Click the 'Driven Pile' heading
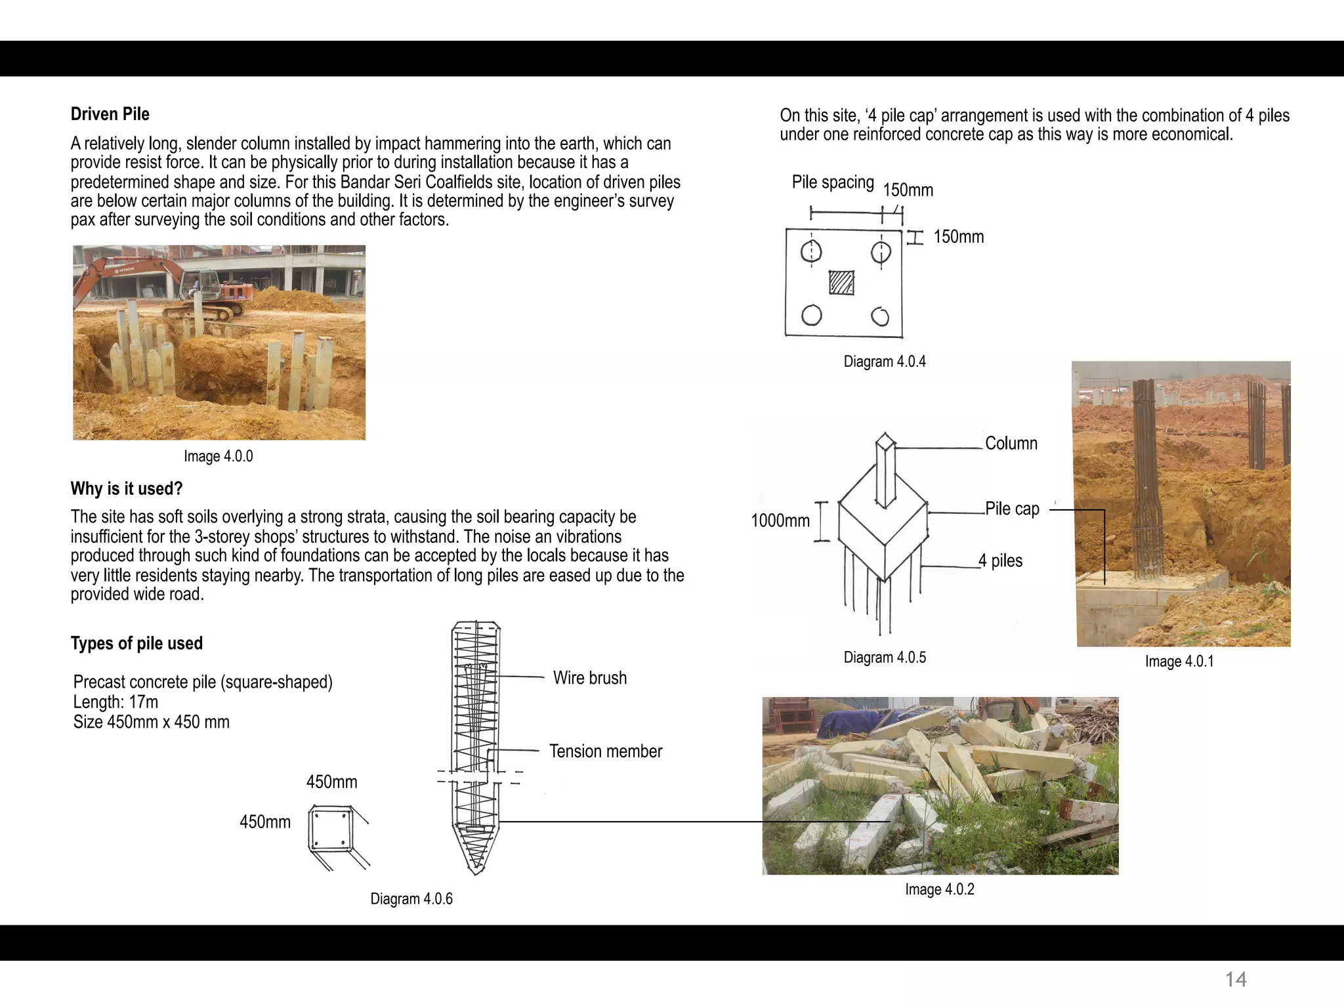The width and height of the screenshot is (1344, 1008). coord(110,114)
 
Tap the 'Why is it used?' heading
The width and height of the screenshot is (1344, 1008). coord(126,488)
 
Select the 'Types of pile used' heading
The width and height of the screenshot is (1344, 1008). coord(136,643)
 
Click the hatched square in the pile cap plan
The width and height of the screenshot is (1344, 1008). coord(841,282)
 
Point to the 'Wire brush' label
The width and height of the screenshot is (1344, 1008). coord(589,678)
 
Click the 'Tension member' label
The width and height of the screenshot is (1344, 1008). coord(605,751)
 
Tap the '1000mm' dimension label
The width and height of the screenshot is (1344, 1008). coord(780,521)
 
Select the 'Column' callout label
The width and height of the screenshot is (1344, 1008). coord(1011,444)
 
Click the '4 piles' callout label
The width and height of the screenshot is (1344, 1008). coord(1000,561)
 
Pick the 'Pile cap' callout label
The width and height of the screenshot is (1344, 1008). coord(1012,509)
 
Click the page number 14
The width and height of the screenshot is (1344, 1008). coord(1235,980)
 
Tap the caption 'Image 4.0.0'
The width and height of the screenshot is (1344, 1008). coord(218,456)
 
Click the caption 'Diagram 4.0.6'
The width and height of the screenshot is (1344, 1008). coord(411,899)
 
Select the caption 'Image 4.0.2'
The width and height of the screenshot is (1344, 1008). coord(939,890)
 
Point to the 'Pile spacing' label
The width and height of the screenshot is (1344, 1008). coord(832,182)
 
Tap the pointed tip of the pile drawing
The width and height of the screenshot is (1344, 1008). coord(477,870)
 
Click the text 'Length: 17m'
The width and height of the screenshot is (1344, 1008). coord(115,702)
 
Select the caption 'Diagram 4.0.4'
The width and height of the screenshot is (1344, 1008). coord(884,362)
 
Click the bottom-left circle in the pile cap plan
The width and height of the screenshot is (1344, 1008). coord(812,316)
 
